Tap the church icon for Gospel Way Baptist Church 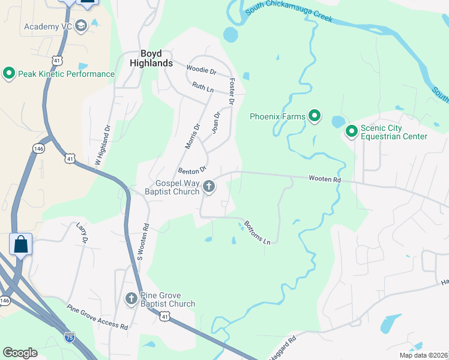click(209, 187)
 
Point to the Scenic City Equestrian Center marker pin click(351, 131)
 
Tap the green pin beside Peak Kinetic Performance click(9, 74)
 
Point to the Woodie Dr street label click(201, 71)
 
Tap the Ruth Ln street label click(202, 88)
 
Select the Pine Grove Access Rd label click(97, 317)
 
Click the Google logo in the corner click(20, 353)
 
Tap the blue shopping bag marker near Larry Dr click(20, 244)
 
